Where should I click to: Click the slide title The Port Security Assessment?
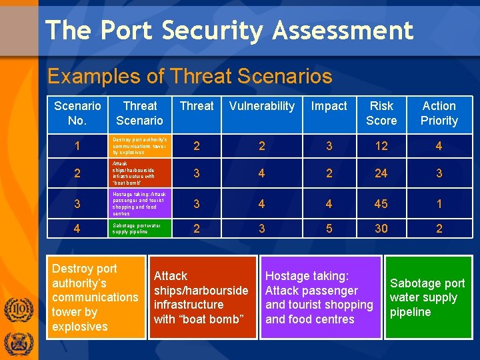point(229,31)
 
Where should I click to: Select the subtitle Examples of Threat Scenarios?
point(190,76)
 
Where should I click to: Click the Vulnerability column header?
point(261,107)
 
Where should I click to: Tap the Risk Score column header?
point(381,113)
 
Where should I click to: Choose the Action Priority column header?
point(439,113)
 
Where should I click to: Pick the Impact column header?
point(329,107)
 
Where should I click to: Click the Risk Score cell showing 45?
point(381,203)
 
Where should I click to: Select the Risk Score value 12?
point(381,146)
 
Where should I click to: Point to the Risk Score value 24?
point(381,174)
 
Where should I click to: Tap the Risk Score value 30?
point(381,229)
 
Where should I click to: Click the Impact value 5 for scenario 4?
point(329,229)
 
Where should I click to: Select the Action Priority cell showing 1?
point(439,203)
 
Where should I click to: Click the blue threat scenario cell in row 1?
point(139,146)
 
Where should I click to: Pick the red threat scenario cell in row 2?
point(139,174)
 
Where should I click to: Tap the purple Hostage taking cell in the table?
point(139,203)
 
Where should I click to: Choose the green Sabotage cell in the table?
point(139,229)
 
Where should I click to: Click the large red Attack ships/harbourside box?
point(202,297)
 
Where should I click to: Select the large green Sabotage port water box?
point(427,297)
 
